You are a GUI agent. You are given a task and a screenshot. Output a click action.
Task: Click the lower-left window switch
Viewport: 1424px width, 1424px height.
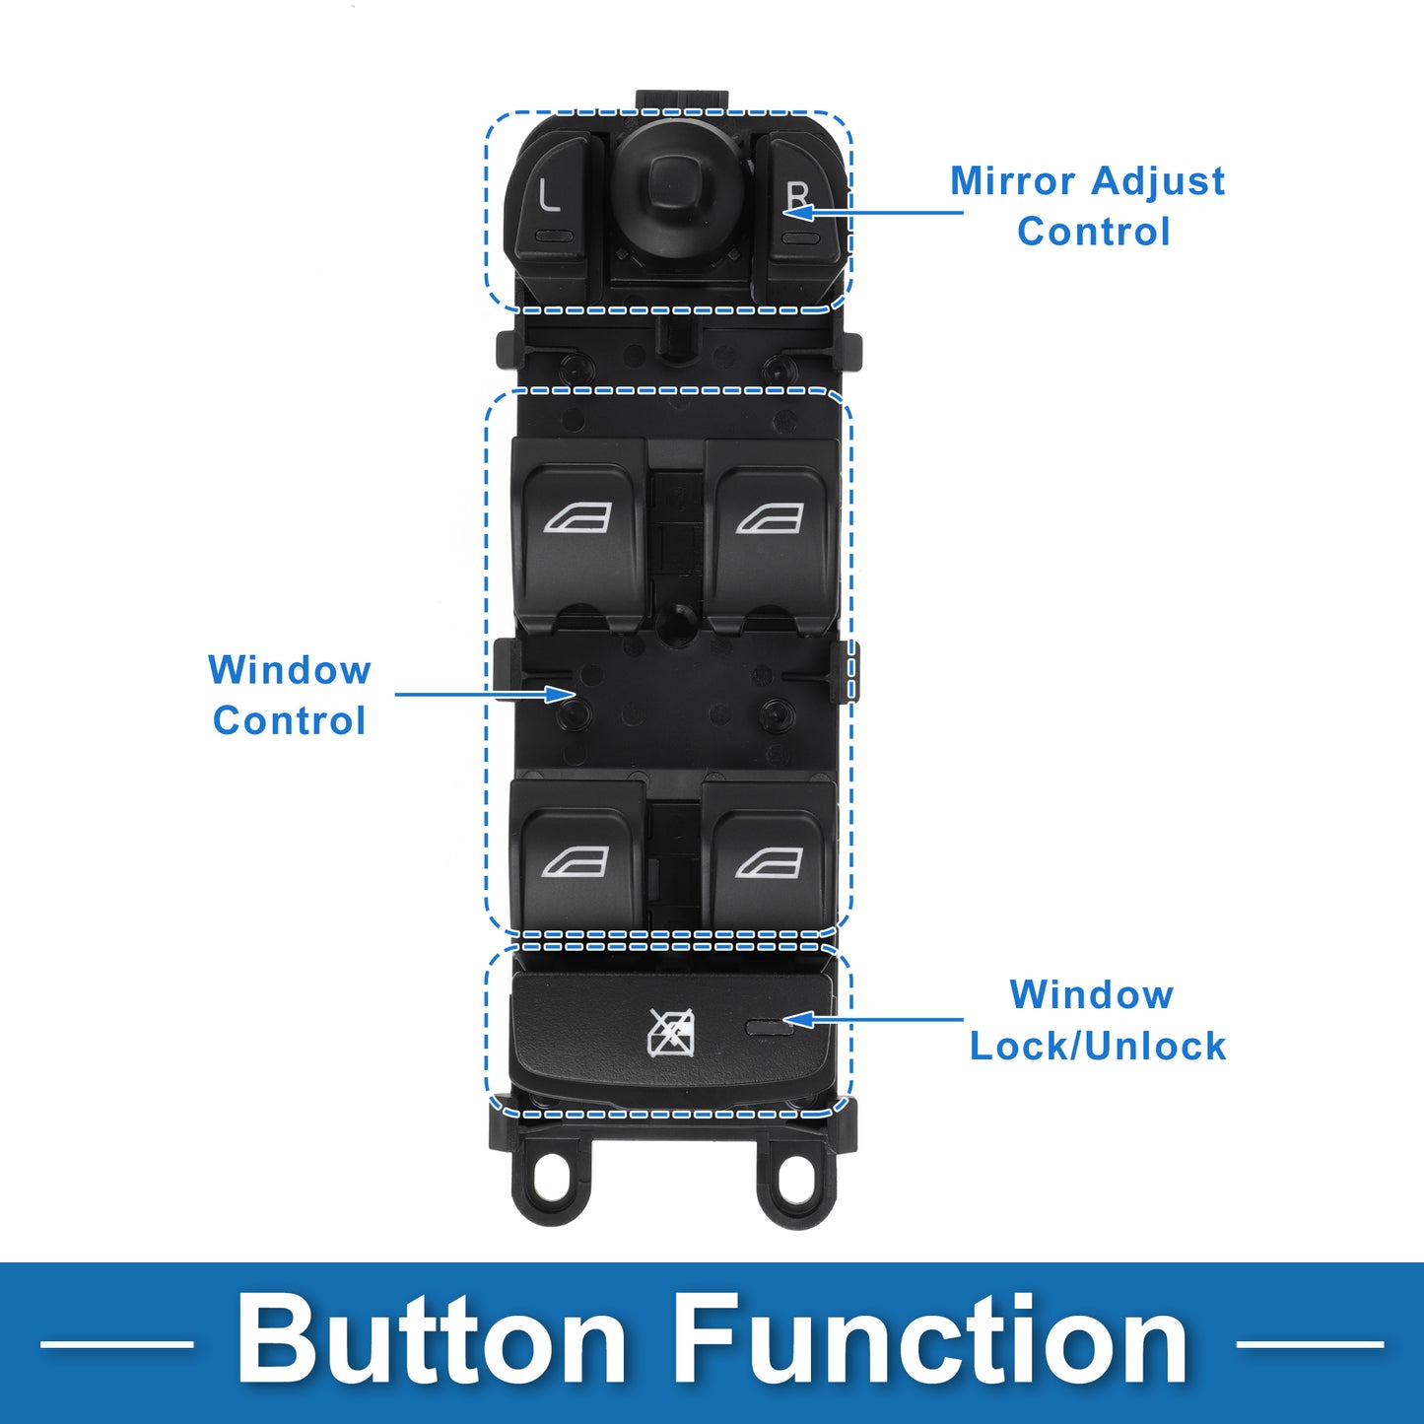coord(576,862)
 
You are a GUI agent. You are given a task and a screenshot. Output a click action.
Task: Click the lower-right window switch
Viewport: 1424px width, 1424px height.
coord(770,862)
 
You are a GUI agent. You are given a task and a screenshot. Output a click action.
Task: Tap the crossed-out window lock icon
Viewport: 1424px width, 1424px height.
coord(670,1033)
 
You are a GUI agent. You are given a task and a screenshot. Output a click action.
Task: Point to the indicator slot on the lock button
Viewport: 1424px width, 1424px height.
coord(770,1028)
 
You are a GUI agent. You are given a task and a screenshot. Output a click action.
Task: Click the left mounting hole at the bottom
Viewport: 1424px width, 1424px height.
coord(555,1179)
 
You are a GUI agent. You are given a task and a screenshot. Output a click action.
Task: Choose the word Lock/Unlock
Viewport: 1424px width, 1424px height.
coord(1098,1046)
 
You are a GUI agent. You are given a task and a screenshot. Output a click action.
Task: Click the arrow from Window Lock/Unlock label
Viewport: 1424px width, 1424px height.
coord(877,1019)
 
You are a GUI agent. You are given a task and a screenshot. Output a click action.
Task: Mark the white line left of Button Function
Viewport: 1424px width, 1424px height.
coord(116,1342)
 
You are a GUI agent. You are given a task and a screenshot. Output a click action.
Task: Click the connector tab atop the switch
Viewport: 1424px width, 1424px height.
coord(682,100)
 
